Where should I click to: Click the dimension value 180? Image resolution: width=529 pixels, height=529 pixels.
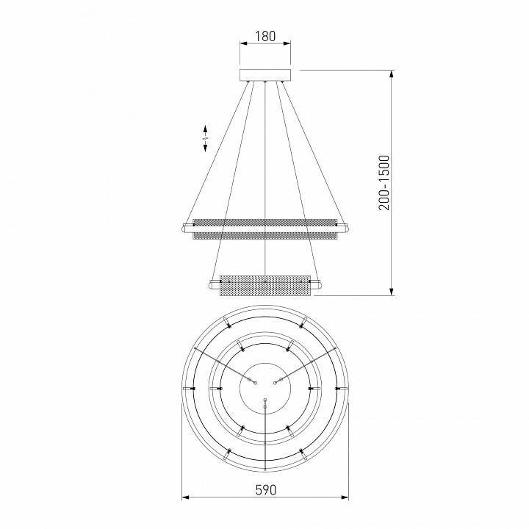pyautogui.click(x=265, y=35)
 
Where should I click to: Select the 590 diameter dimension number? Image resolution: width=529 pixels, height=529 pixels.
pyautogui.click(x=265, y=490)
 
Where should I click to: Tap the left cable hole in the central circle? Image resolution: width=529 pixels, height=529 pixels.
pyautogui.click(x=251, y=380)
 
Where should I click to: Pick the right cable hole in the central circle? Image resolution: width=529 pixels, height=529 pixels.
pyautogui.click(x=278, y=380)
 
